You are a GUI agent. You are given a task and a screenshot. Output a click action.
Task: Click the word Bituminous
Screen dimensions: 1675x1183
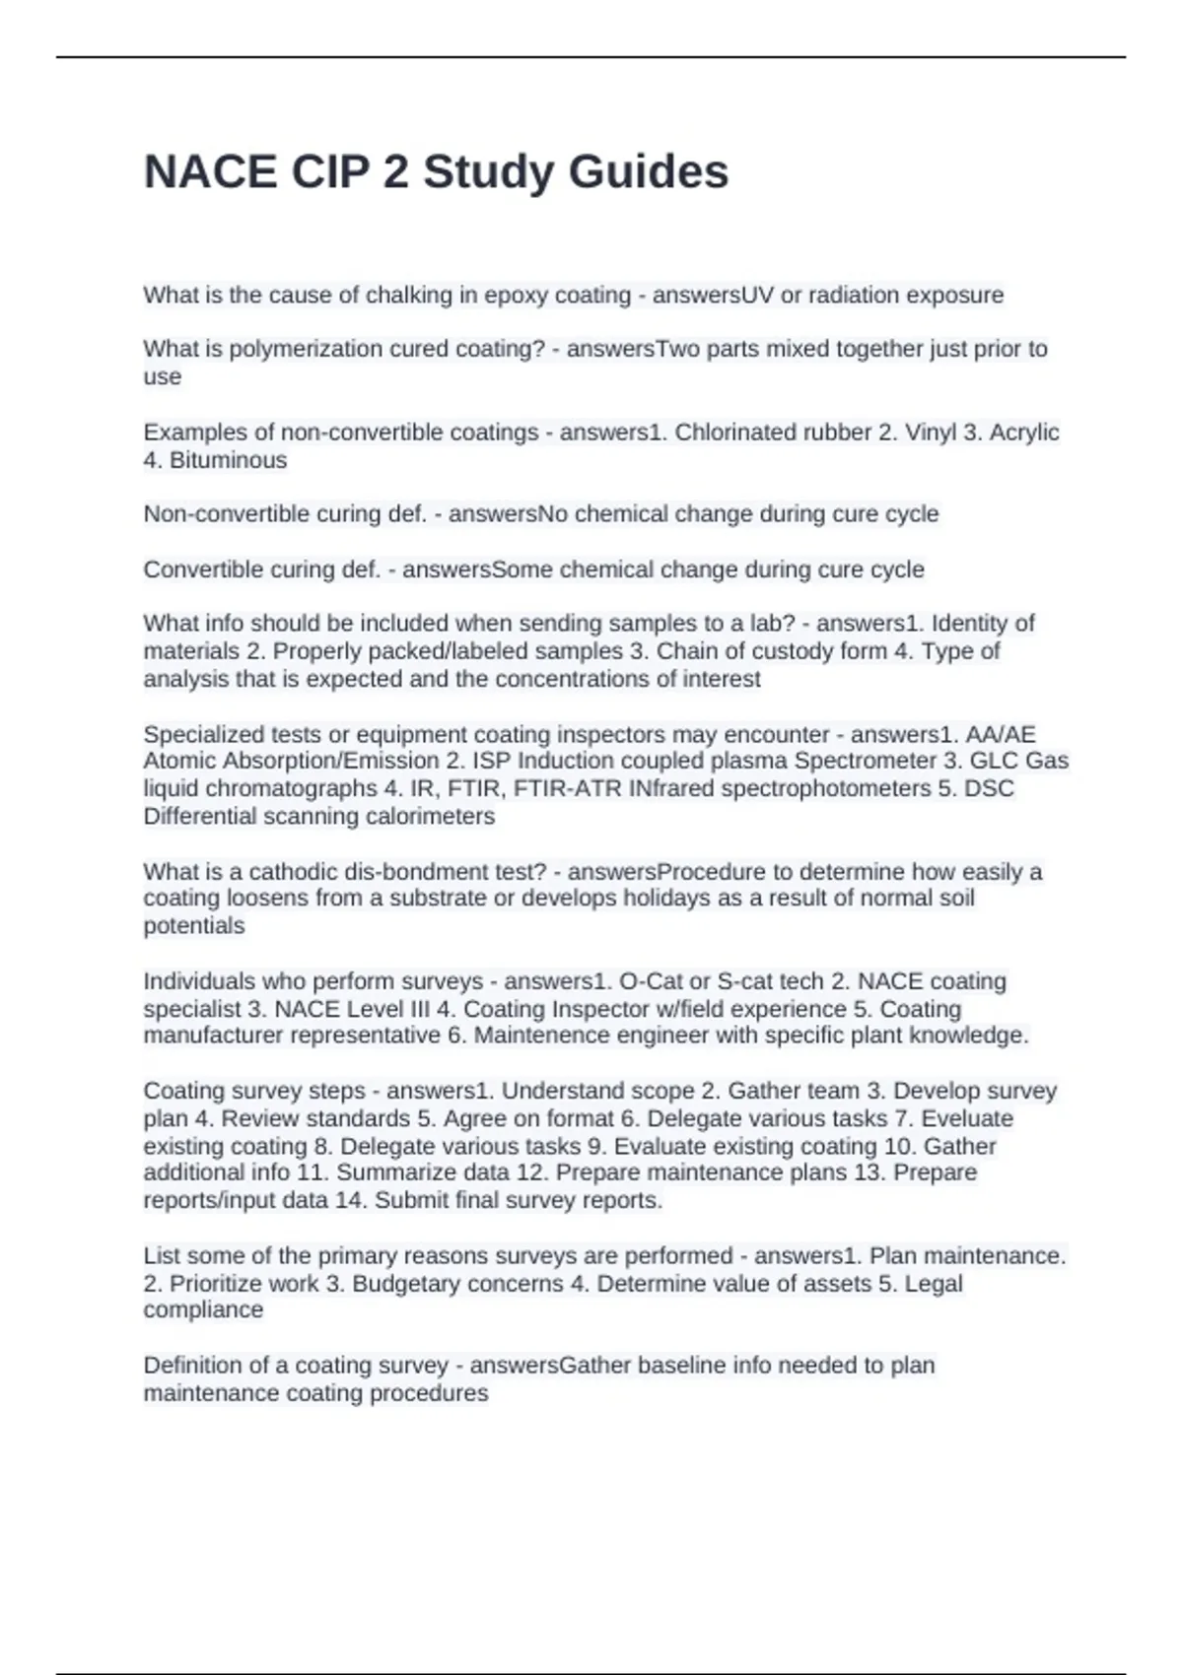tap(228, 460)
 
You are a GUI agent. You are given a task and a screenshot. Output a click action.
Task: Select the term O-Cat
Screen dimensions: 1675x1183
tap(651, 981)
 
